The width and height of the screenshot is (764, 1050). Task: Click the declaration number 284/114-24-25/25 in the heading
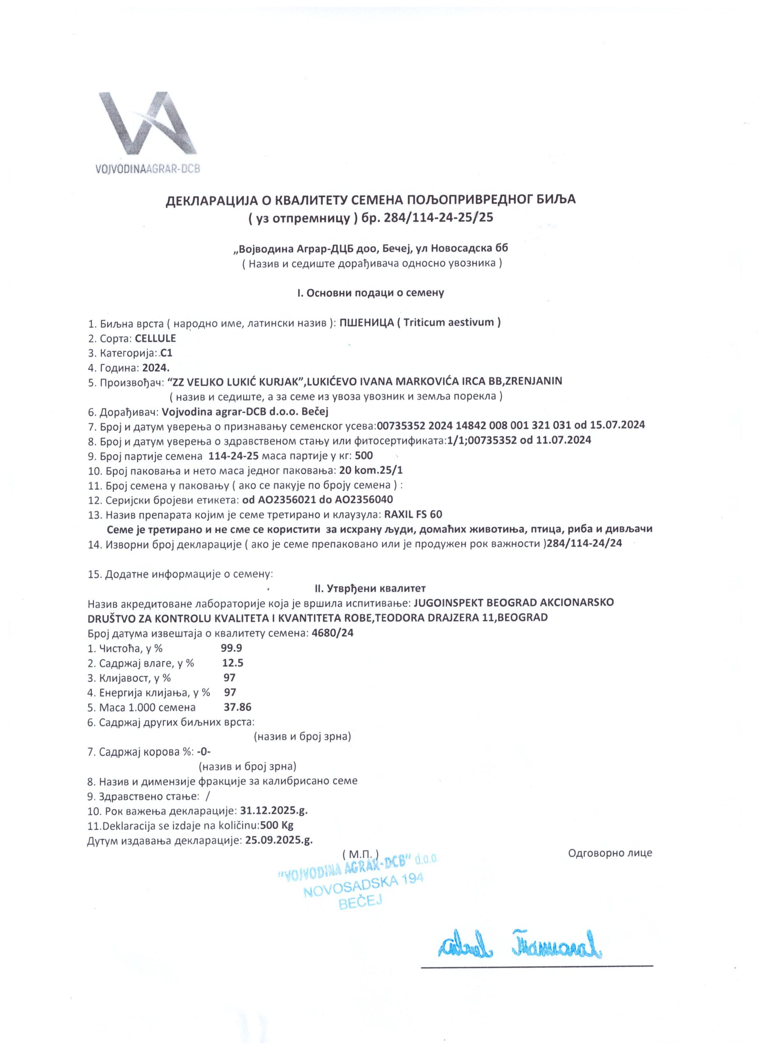tap(438, 218)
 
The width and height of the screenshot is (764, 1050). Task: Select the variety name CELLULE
tap(155, 338)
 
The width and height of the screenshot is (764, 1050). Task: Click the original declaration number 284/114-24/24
tap(584, 544)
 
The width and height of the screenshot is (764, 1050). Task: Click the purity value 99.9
tap(232, 648)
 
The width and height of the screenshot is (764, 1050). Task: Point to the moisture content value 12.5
tap(233, 662)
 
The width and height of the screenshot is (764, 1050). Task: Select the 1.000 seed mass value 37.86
tap(237, 707)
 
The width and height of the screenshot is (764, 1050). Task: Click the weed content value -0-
tap(204, 751)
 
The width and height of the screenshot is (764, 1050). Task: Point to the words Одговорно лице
tap(610, 853)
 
